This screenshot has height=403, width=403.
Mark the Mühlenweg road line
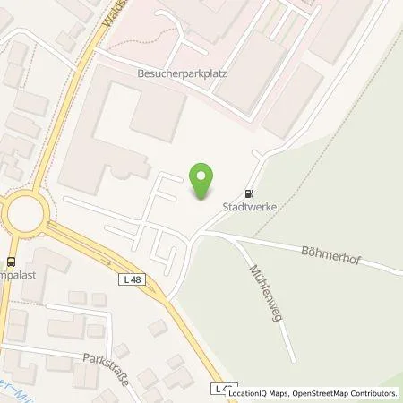pos(276,313)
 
